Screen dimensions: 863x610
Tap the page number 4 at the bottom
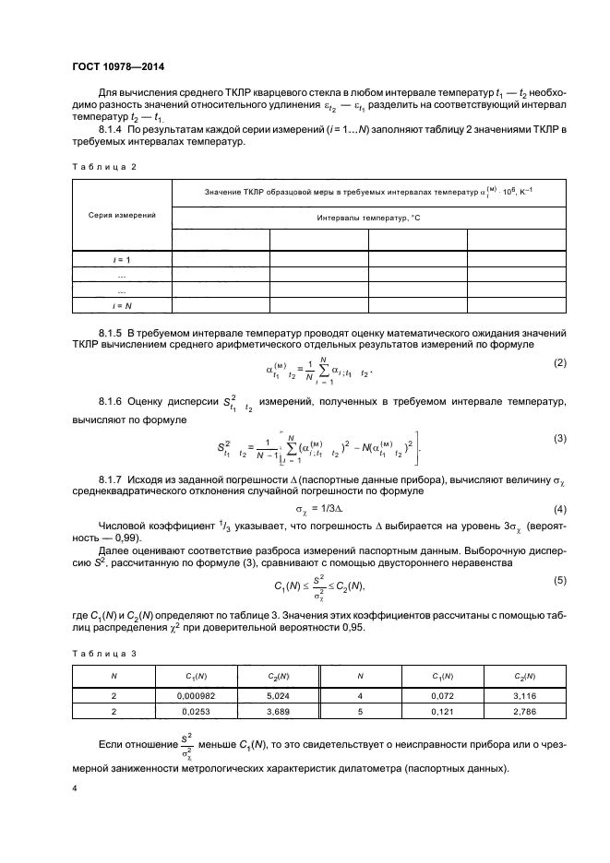tap(76, 787)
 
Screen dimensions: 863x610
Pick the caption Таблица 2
tap(103, 166)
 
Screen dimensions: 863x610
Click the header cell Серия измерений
tap(122, 215)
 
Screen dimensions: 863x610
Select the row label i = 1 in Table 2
tap(122, 260)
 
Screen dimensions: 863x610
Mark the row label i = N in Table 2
tap(122, 304)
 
